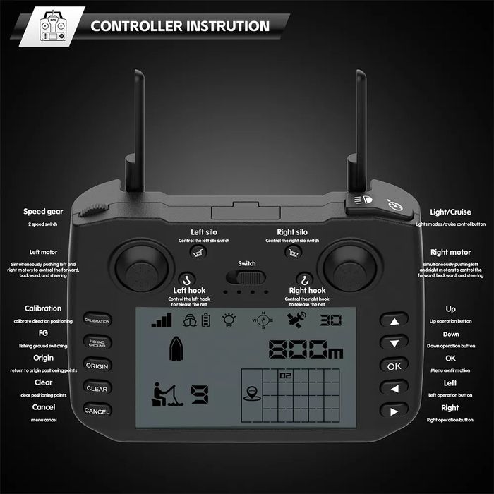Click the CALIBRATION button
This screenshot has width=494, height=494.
(x=97, y=320)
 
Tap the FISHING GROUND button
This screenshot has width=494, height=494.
(x=97, y=342)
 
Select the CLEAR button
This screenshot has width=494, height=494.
(x=97, y=387)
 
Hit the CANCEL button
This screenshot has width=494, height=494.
(x=97, y=410)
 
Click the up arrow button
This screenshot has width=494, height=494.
(x=394, y=320)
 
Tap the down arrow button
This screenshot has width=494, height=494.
(x=394, y=342)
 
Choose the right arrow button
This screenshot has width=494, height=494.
(x=394, y=410)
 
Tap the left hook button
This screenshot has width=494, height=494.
(x=187, y=279)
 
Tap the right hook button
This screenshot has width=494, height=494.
(x=304, y=279)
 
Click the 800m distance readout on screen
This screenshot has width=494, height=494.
(x=305, y=349)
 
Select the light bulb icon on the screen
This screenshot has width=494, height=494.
(x=229, y=320)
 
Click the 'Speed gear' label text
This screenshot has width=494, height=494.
(x=44, y=211)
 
